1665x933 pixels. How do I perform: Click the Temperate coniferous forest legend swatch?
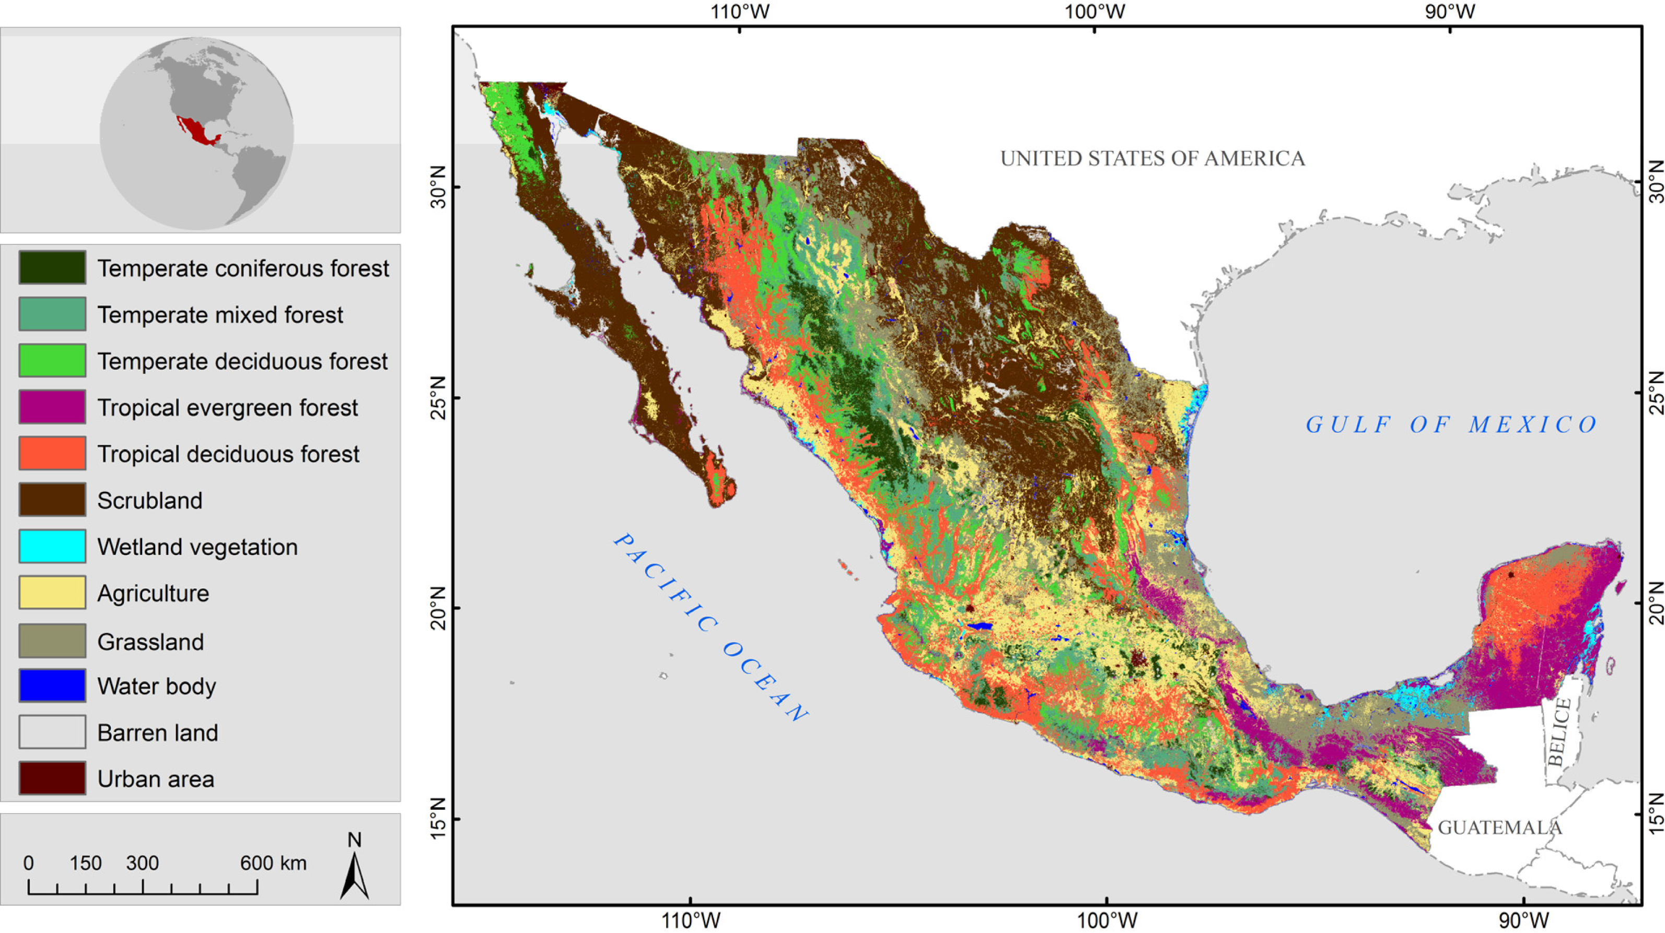[x=52, y=267]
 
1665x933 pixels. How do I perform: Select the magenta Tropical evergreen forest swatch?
[x=52, y=407]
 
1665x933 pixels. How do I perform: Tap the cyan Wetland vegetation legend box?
[x=52, y=546]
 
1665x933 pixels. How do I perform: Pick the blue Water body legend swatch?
[x=52, y=686]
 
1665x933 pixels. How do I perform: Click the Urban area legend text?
[x=155, y=779]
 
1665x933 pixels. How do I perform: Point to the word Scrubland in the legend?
[x=149, y=501]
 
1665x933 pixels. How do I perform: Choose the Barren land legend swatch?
[x=52, y=732]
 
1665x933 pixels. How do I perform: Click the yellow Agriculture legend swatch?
[x=52, y=593]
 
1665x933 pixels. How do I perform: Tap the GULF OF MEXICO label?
[x=1450, y=424]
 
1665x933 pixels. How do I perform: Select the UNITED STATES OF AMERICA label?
[x=1152, y=158]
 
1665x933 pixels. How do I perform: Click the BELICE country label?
[x=1559, y=732]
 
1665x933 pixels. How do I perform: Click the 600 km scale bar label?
[x=273, y=863]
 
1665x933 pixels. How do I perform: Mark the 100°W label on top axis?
[x=1095, y=11]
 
